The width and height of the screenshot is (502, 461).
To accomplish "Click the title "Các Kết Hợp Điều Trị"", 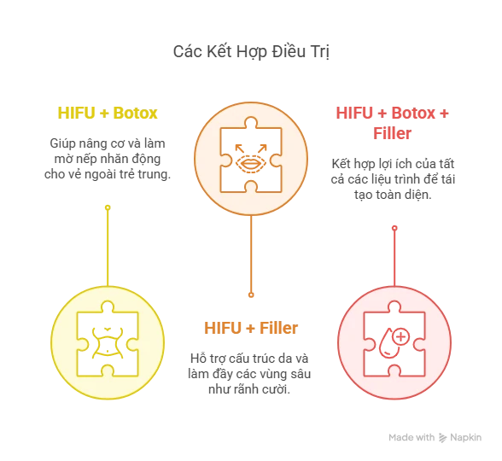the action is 251,52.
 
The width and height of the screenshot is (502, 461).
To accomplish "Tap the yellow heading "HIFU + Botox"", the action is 108,113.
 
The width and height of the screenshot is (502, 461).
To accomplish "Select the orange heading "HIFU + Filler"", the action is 251,328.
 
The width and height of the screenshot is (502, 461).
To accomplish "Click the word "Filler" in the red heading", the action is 392,133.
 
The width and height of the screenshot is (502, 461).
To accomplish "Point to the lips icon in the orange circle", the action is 251,164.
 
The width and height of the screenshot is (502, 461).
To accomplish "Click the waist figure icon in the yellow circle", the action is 108,342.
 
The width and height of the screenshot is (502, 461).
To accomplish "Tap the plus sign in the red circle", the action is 401,336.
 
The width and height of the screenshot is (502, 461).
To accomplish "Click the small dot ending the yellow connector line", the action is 108,207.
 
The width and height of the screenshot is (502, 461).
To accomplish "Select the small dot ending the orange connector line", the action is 251,295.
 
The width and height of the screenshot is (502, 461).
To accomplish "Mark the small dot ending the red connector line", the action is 394,228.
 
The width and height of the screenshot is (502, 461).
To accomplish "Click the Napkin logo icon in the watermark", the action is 442,438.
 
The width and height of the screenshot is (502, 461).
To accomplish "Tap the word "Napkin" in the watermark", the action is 466,438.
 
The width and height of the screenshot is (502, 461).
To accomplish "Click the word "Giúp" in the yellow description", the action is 60,143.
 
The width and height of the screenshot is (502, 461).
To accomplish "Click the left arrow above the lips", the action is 239,149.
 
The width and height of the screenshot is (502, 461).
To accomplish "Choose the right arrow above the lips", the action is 262,149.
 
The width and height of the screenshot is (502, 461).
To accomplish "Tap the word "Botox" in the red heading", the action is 413,113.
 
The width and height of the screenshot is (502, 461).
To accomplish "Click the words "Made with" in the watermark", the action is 412,438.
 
